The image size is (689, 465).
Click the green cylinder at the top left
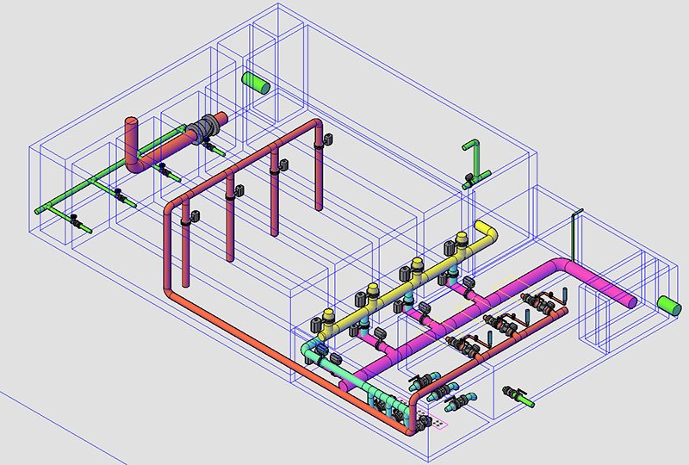(255, 83)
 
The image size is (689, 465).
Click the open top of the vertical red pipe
(132, 121)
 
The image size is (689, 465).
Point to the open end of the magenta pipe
(631, 301)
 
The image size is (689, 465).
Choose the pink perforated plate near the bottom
(440, 424)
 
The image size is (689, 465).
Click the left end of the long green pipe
(39, 209)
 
